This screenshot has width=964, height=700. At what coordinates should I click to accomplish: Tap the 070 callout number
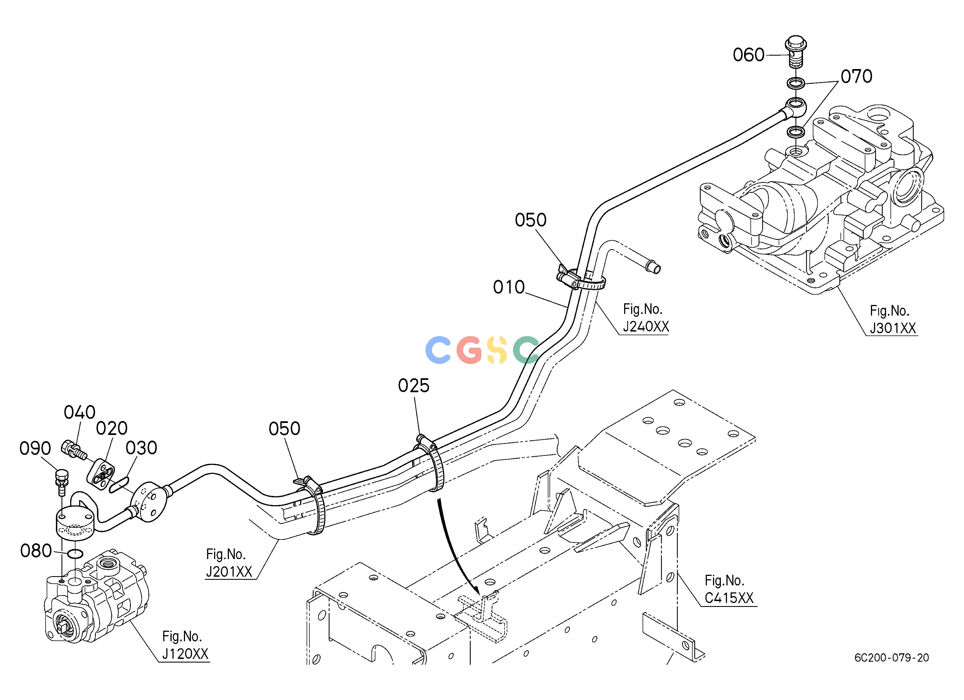pos(856,77)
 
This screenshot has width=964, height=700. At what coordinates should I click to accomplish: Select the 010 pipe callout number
pos(509,287)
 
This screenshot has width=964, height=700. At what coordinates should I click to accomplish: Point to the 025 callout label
pos(414,386)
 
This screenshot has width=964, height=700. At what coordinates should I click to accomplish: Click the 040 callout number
pos(79,412)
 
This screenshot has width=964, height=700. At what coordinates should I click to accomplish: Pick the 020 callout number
pos(112,429)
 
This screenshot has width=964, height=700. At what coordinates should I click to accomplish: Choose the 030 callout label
pos(141,448)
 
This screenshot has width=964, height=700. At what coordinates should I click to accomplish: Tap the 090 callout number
pos(35,448)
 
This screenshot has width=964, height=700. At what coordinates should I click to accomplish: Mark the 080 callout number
pos(36,551)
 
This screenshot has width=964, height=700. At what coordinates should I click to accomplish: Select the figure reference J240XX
pos(646,327)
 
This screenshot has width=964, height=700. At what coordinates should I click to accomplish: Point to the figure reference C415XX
pos(729,598)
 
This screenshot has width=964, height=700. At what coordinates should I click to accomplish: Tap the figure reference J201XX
pos(229,572)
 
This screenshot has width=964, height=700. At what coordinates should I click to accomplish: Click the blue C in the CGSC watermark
pos(438,349)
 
